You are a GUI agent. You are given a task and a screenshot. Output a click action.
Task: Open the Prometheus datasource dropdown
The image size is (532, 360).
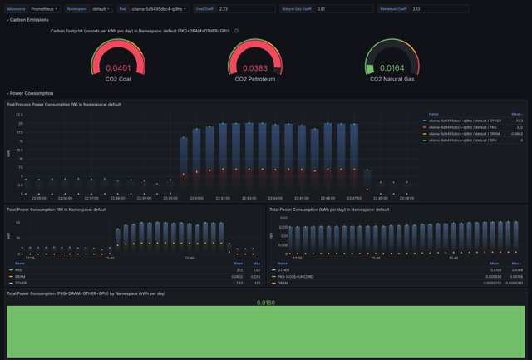coord(45,8)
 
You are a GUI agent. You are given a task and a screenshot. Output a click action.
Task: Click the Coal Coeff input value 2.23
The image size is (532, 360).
coord(245,8)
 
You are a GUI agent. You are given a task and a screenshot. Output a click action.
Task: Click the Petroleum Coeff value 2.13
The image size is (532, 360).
coord(441,8)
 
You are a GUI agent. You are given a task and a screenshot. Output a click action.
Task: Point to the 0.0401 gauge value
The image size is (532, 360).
coord(118,68)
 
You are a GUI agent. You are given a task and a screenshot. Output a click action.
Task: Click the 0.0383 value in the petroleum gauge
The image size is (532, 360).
coord(255,68)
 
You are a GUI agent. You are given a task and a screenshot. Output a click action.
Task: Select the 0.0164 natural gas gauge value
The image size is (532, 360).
coord(392,68)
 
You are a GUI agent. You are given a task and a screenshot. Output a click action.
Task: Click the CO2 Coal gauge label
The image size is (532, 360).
coord(118,79)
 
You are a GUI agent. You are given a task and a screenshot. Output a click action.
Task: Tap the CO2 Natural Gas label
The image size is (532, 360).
coord(392,79)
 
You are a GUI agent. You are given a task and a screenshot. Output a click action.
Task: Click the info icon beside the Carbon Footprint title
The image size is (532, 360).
coord(237,31)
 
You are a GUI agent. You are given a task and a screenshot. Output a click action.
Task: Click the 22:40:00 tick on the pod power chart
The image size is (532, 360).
coord(170,199)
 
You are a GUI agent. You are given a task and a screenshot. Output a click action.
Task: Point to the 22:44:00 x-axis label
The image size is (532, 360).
coord(275,199)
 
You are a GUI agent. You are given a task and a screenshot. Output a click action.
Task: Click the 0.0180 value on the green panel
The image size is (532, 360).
coord(265,303)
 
